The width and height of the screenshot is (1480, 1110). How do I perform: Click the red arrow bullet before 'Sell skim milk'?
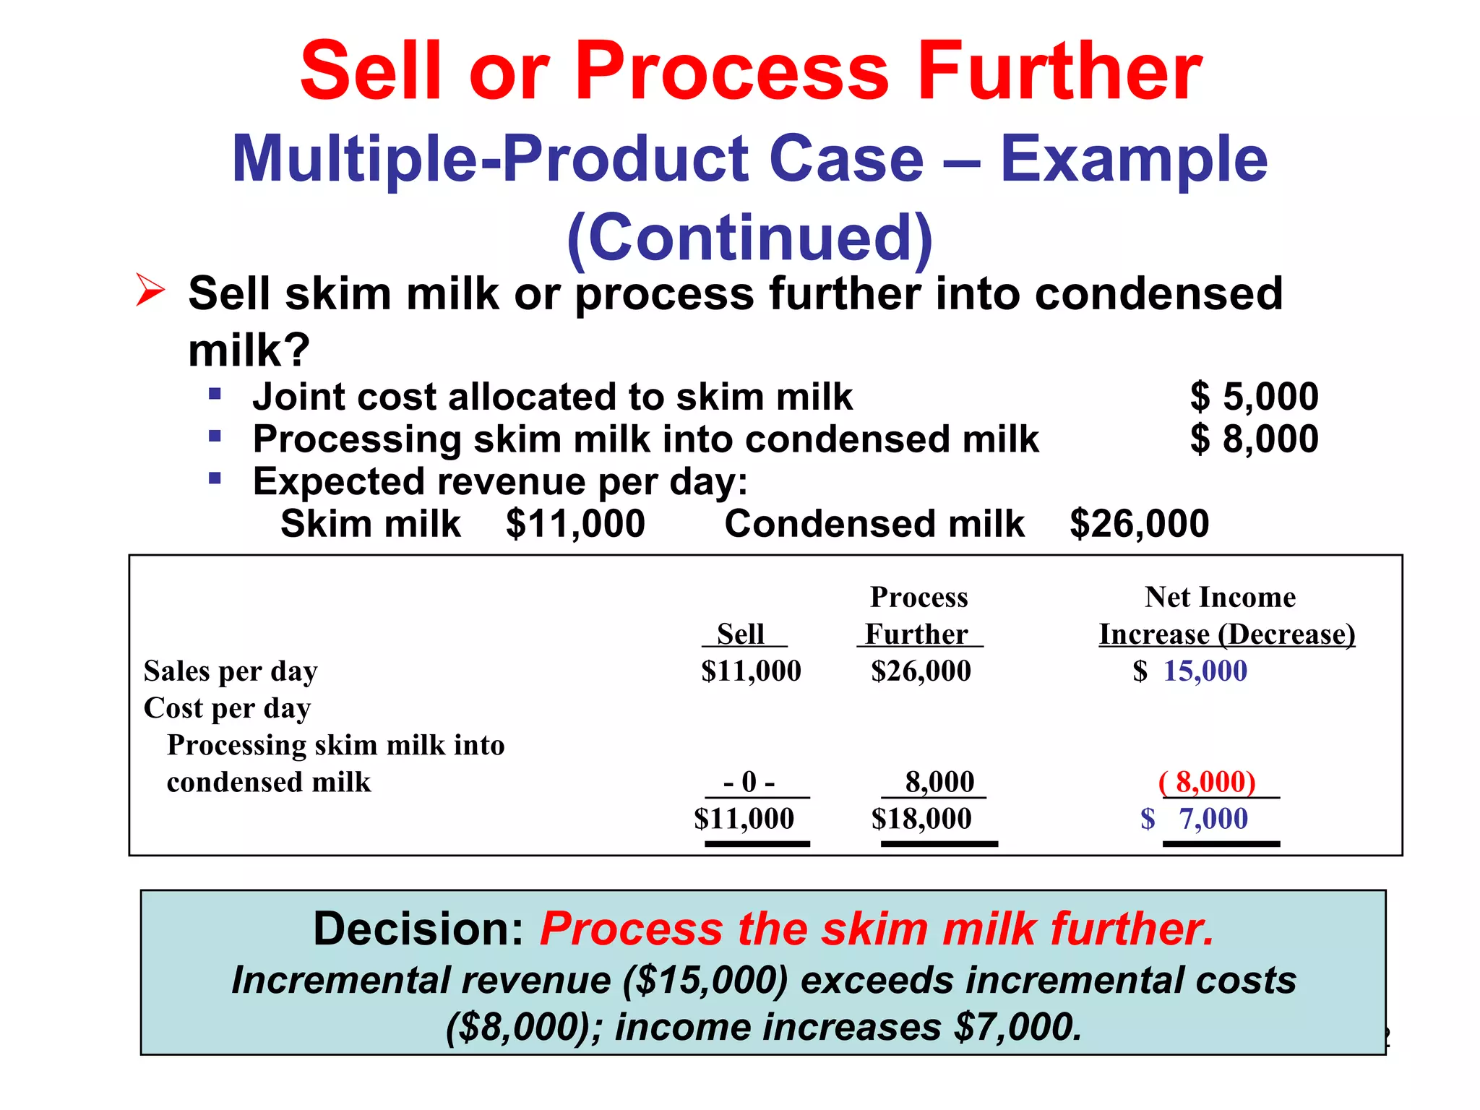[150, 291]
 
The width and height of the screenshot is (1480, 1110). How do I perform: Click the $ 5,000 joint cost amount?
[1254, 397]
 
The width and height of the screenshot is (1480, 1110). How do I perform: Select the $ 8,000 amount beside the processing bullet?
[1254, 439]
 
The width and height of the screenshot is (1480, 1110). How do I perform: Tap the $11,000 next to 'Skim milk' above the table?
[575, 523]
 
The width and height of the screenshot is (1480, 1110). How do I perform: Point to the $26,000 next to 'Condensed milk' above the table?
[1139, 523]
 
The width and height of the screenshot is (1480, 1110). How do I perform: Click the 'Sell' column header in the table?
[741, 634]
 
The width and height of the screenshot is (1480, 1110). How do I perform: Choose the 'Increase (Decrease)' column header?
[1226, 634]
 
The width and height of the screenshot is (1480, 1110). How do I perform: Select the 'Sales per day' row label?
[231, 671]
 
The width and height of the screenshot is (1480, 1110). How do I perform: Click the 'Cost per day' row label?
[227, 708]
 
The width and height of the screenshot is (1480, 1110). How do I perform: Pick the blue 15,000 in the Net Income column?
[1205, 671]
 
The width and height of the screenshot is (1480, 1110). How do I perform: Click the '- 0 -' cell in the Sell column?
[749, 782]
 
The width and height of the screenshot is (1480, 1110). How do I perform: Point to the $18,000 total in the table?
[921, 819]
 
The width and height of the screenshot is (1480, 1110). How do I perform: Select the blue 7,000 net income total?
[1213, 819]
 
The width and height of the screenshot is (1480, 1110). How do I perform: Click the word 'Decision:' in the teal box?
[418, 929]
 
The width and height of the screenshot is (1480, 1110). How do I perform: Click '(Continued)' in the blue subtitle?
[749, 237]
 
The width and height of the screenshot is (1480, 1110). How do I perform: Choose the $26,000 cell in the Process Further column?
[921, 671]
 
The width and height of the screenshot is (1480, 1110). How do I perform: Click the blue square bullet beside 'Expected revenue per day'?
[215, 478]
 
